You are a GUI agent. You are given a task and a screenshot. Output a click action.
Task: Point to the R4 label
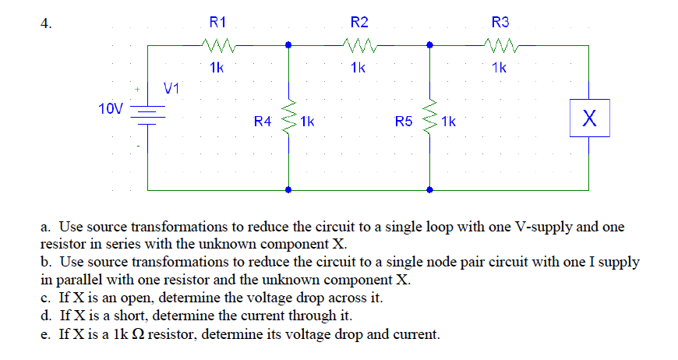click(263, 122)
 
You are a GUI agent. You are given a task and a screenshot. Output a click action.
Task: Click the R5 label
click(403, 122)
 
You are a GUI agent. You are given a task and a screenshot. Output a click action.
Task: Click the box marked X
click(588, 119)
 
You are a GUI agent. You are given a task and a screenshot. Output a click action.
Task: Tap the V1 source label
click(171, 88)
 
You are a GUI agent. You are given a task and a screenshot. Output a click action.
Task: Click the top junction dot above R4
click(289, 45)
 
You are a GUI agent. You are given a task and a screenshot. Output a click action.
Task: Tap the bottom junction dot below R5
click(429, 189)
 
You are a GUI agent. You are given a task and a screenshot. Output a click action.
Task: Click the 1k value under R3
click(500, 68)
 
